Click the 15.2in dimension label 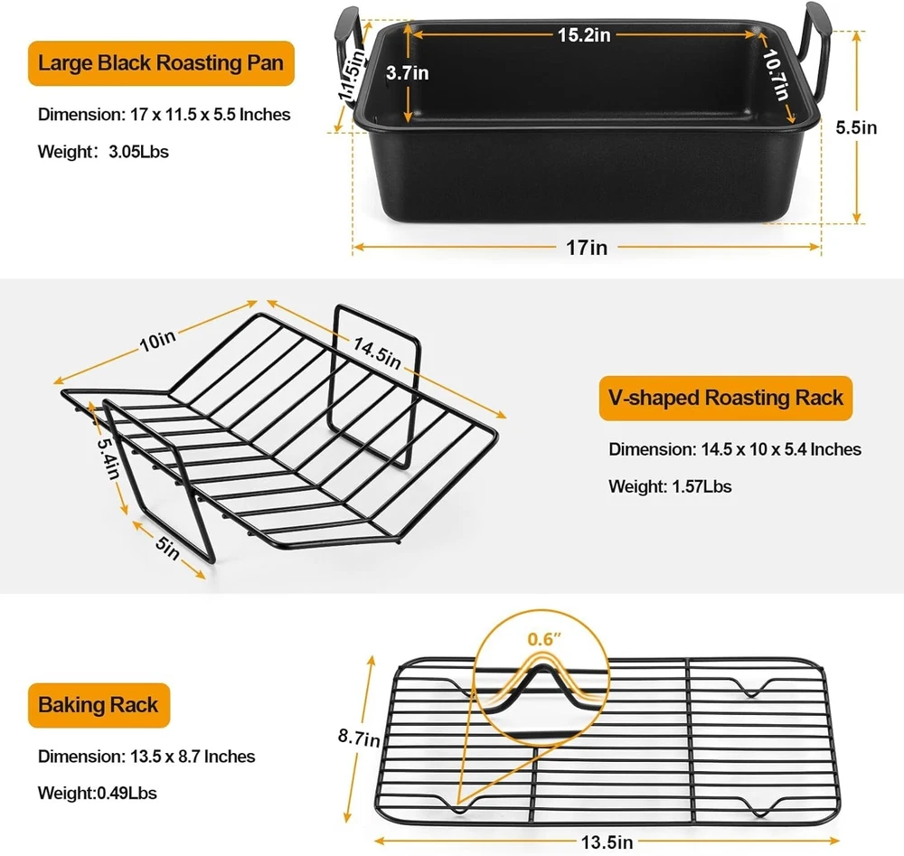(583, 35)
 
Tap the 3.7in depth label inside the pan (407, 73)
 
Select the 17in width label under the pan (587, 248)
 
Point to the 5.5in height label (856, 127)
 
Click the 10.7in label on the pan (776, 74)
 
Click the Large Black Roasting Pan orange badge (162, 63)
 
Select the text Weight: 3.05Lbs (103, 152)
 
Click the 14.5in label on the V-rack (377, 353)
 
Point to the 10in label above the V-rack (157, 341)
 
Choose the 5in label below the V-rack (168, 548)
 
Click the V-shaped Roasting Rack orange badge (725, 399)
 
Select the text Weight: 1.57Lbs (670, 486)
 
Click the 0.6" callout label (543, 639)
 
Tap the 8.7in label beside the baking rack (359, 738)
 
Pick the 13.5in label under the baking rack (607, 842)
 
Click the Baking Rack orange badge (99, 706)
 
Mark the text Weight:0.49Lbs (97, 793)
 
